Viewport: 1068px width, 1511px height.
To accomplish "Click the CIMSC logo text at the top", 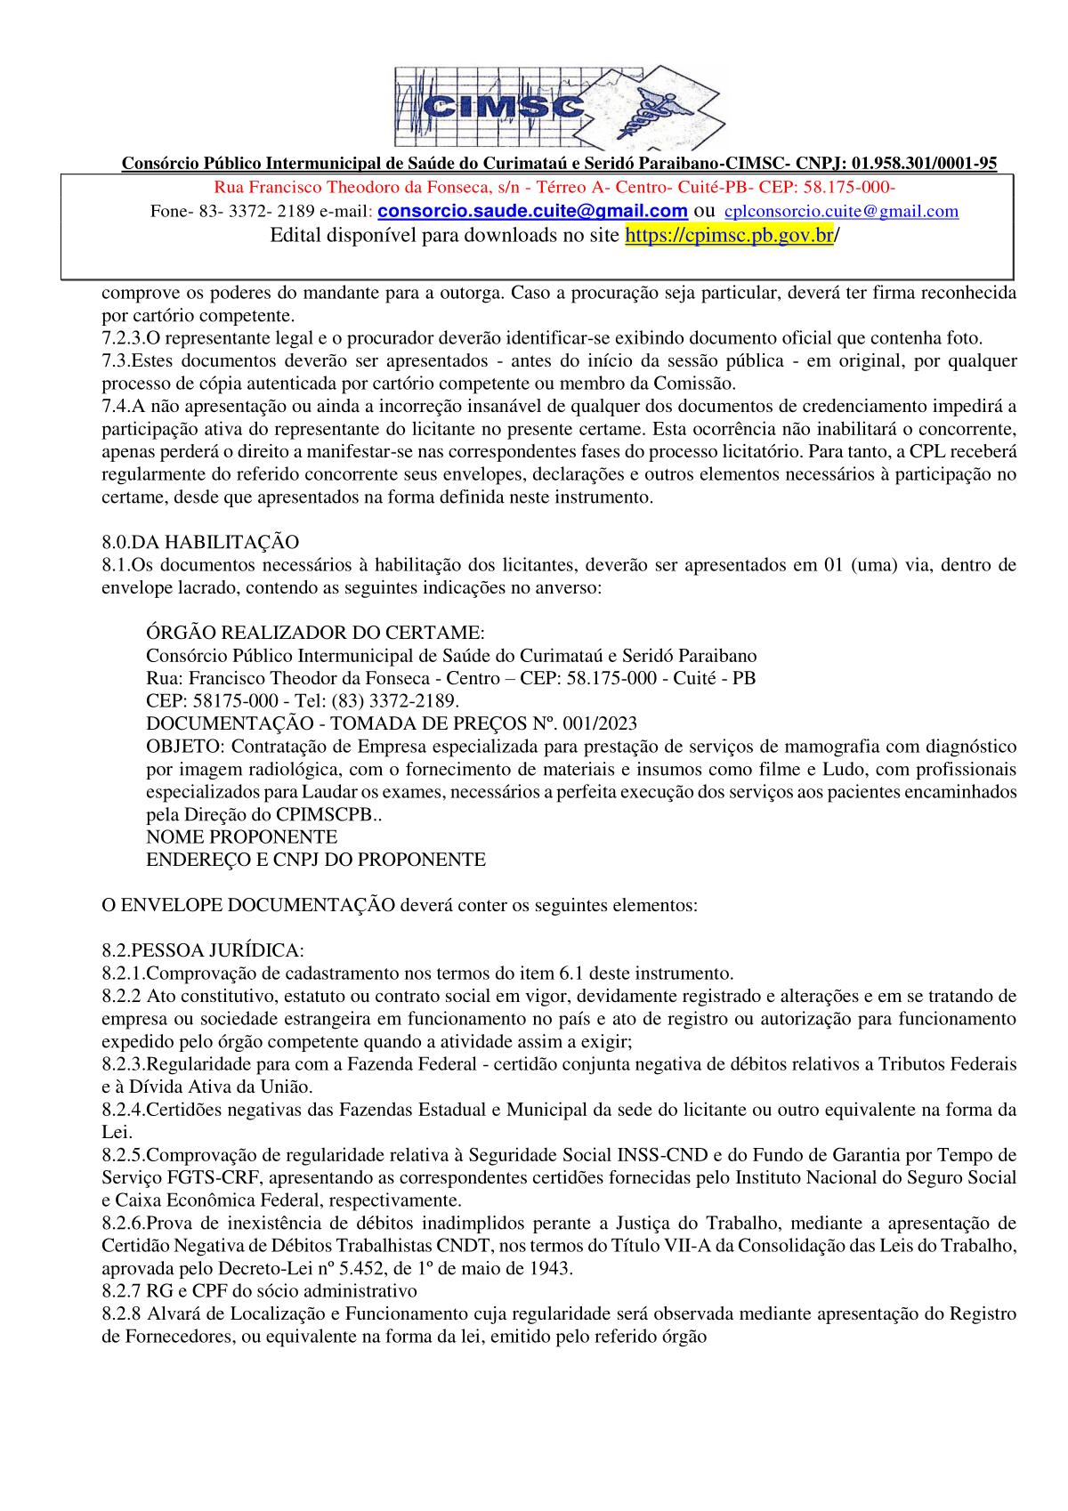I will pos(504,109).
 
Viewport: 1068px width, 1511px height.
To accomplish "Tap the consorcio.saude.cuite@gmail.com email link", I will pos(532,212).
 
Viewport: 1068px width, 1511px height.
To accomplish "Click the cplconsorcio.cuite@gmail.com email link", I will pos(842,212).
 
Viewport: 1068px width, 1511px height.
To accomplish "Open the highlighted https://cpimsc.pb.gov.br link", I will pos(730,236).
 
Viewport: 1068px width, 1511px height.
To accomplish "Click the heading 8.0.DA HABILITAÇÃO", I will pos(200,542).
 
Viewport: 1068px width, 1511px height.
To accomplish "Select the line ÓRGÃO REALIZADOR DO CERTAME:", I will pos(315,633).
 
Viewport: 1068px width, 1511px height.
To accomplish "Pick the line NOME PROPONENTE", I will pos(241,836).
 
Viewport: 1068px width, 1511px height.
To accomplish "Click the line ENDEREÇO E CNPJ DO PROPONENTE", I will pos(316,860).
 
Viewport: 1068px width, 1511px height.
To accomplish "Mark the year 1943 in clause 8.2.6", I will pos(552,1268).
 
